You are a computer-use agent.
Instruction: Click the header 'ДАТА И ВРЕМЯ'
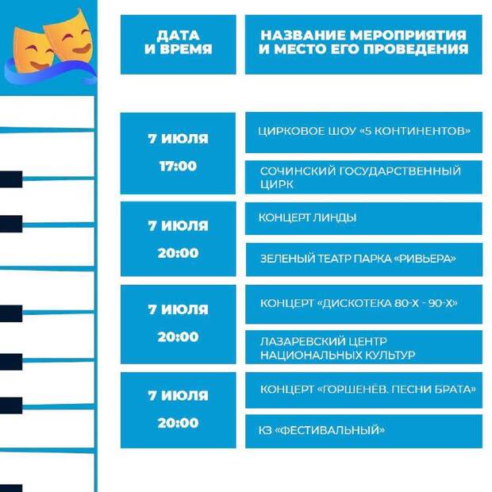[179, 42]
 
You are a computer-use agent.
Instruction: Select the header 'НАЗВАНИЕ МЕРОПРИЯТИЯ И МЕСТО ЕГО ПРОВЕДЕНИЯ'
[363, 42]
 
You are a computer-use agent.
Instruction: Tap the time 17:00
[178, 166]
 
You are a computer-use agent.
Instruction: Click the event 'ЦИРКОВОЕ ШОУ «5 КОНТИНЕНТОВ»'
[364, 131]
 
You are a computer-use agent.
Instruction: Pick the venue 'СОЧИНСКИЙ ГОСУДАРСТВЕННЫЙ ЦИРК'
[360, 178]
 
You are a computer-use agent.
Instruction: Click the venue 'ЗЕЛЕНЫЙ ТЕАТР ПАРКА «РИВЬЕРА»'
[358, 259]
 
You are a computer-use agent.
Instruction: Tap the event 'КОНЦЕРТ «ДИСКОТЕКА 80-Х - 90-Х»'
[359, 303]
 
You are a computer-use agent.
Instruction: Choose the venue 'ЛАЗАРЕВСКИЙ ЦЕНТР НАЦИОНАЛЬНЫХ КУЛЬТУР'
[337, 348]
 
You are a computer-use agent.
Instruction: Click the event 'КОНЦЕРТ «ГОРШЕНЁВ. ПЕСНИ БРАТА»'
[367, 390]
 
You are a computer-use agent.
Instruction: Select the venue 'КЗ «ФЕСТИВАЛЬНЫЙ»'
[321, 430]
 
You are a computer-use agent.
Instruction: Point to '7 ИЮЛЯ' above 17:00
[178, 139]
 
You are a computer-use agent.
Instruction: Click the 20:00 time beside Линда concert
[178, 253]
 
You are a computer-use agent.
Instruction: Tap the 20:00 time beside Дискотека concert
[178, 336]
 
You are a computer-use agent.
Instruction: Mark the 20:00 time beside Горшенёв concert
[178, 423]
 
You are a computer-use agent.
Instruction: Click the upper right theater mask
[70, 37]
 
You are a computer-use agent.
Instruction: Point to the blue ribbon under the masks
[50, 73]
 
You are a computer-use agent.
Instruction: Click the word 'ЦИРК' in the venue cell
[277, 184]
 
